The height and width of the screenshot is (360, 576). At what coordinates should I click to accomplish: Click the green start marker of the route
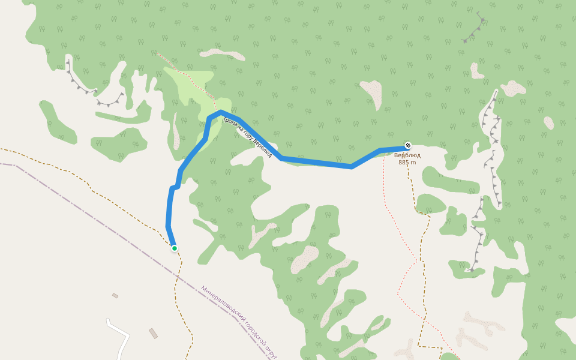coord(174,248)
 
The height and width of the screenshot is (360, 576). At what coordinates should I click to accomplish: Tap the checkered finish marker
coord(408,145)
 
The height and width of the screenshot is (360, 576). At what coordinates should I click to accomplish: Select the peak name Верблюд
coord(407,155)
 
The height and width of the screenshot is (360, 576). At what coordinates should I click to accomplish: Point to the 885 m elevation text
coord(407,162)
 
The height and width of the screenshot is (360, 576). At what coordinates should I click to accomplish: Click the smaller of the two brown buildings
coord(115,296)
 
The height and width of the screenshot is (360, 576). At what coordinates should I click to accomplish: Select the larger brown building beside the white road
coord(154,333)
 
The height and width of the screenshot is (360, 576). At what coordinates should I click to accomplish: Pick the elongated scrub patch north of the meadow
coord(223,55)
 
